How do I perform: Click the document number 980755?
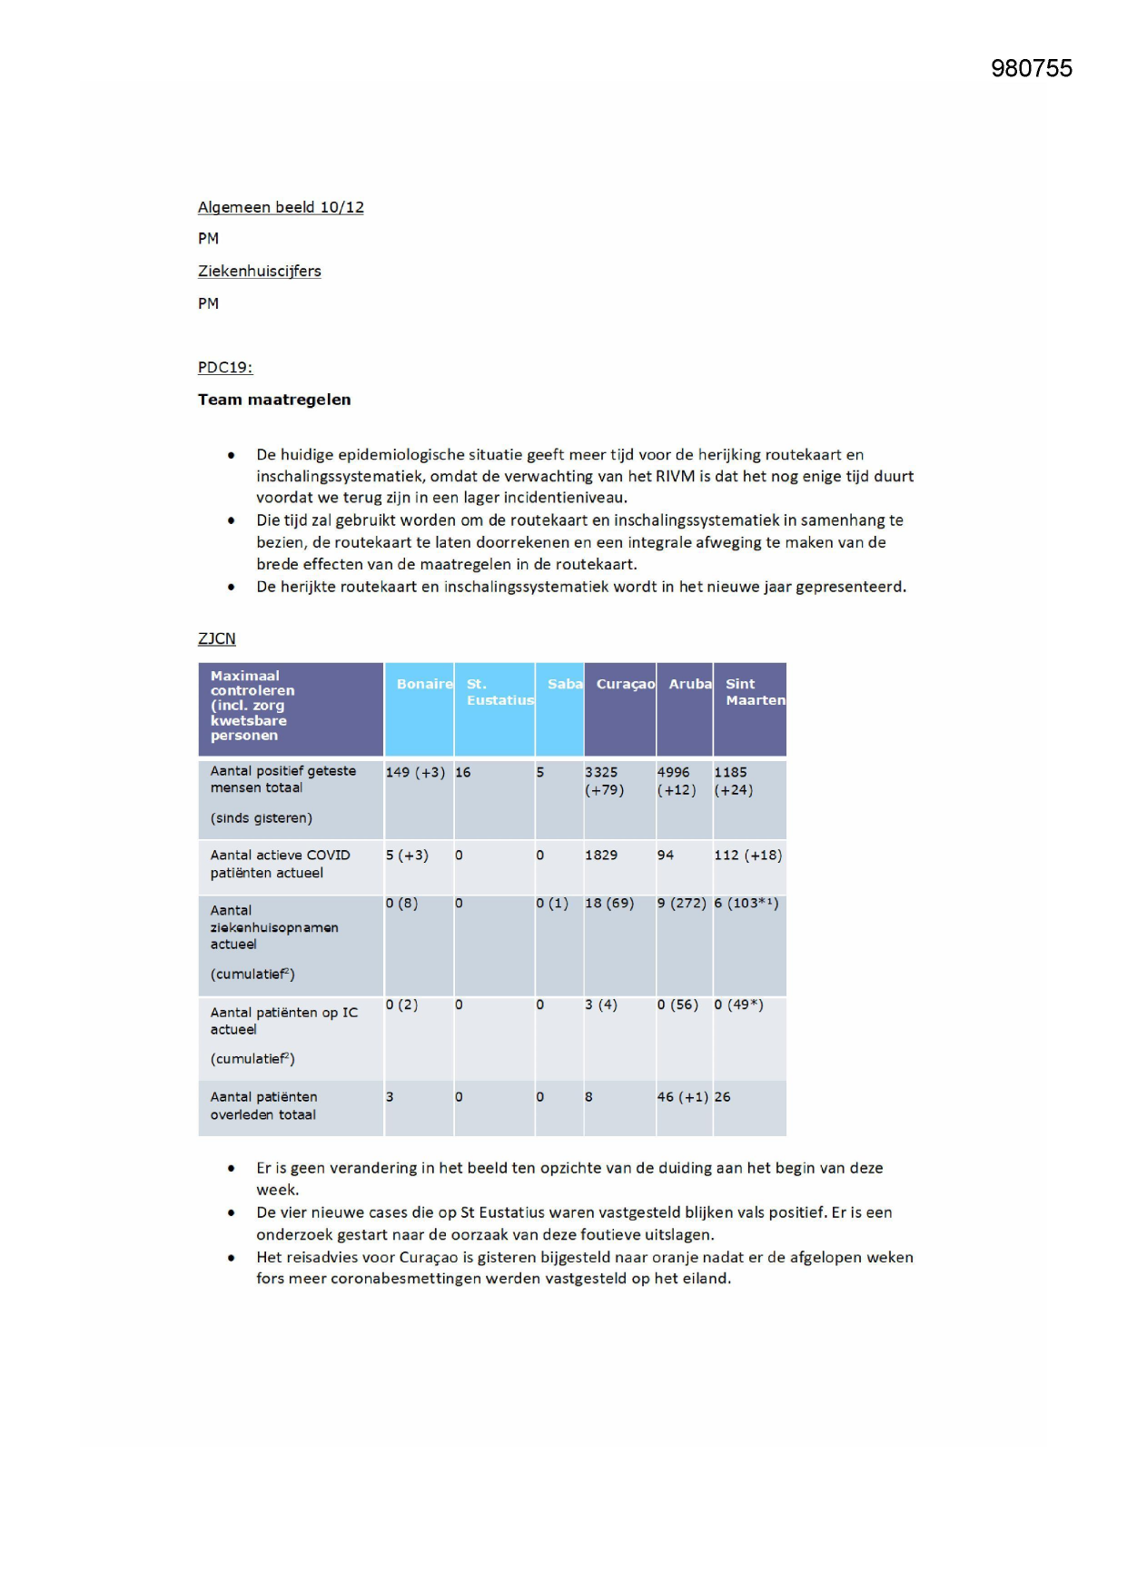point(1031,69)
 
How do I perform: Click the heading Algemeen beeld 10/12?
point(281,207)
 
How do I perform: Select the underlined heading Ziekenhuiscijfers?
point(259,271)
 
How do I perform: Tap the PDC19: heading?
point(224,367)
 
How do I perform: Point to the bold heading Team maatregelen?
point(273,400)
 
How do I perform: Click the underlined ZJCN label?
point(216,638)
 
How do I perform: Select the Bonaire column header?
point(423,684)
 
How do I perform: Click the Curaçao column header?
point(625,684)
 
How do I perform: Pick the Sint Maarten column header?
point(754,691)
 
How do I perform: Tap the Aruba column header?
point(689,684)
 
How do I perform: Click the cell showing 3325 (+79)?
point(604,781)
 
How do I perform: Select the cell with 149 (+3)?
point(415,772)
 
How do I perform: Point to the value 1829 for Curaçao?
point(600,855)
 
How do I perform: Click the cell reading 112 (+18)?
point(747,855)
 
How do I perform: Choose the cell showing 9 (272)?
point(681,903)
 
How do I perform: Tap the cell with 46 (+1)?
point(682,1096)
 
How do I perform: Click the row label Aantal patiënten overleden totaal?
point(263,1105)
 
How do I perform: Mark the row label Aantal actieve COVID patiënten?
point(279,864)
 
